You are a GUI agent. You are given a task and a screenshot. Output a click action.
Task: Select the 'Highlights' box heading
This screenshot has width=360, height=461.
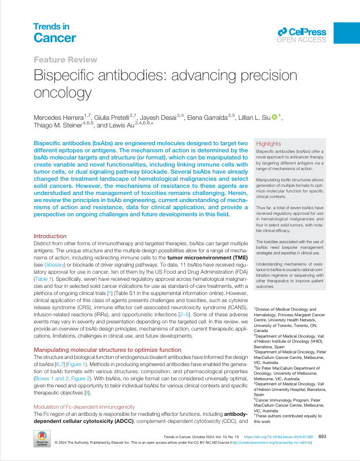pyautogui.click(x=269, y=144)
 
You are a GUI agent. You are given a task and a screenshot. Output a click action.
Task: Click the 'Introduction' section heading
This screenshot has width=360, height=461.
pyautogui.click(x=50, y=236)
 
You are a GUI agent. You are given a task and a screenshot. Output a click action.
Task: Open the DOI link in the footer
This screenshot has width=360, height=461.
pyautogui.click(x=285, y=437)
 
